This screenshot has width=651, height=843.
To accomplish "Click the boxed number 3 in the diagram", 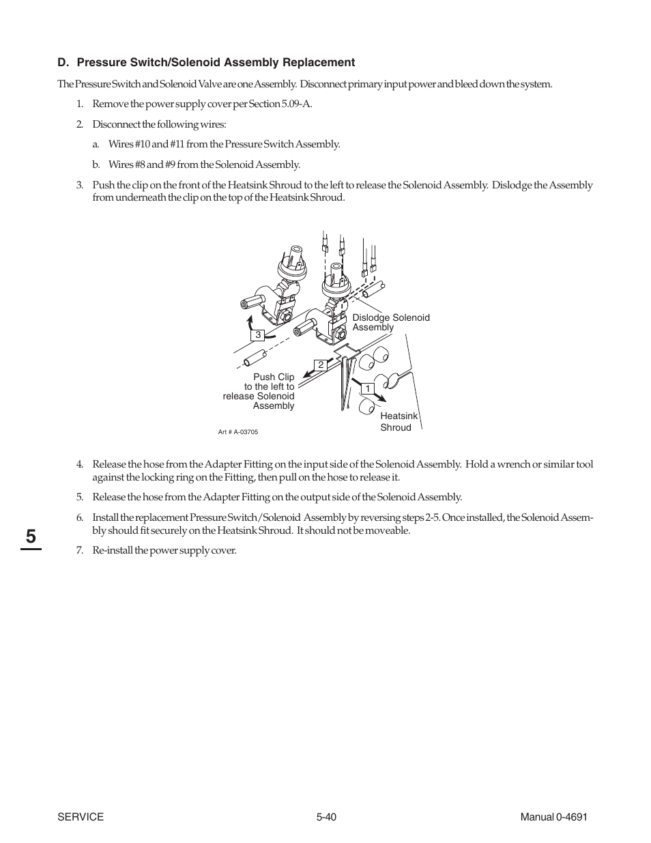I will click(258, 335).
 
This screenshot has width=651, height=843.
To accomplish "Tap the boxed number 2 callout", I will click(320, 365).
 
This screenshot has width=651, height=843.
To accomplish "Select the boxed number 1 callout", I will click(367, 388).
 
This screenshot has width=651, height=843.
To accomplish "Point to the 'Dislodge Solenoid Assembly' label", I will click(390, 322).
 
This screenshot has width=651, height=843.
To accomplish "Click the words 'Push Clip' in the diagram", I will click(274, 377).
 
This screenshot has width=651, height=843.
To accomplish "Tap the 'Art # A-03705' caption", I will click(238, 432).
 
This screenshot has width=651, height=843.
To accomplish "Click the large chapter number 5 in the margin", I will click(31, 537).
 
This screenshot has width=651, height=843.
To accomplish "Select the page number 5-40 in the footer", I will click(326, 817).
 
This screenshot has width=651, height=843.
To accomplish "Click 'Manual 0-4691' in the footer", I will click(553, 817).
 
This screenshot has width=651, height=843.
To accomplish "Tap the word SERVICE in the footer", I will click(81, 817).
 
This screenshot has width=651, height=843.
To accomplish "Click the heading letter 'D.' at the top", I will click(63, 63).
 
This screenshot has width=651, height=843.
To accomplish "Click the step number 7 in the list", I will click(79, 550).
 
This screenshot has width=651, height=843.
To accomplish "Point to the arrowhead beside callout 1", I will click(382, 398).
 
